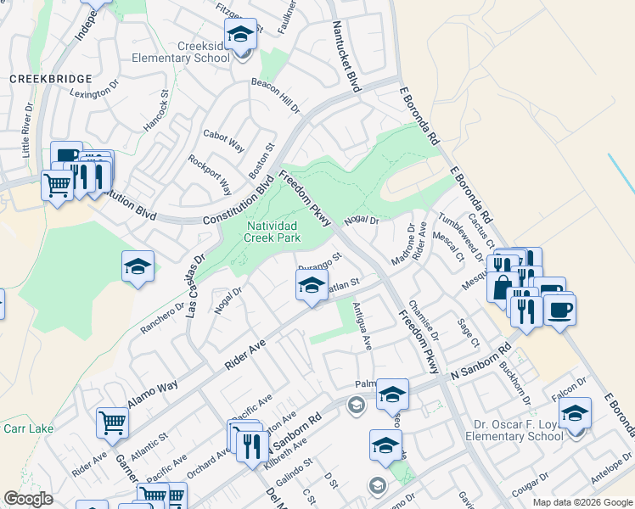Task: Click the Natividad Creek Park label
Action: [273, 232]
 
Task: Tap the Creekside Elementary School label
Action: [180, 53]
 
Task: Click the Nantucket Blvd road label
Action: [346, 58]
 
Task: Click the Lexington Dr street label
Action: [93, 92]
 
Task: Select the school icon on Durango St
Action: [312, 284]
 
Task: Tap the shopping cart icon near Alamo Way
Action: [112, 422]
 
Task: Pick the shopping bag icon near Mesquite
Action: [503, 286]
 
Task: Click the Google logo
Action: [28, 499]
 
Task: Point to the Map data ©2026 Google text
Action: [581, 501]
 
